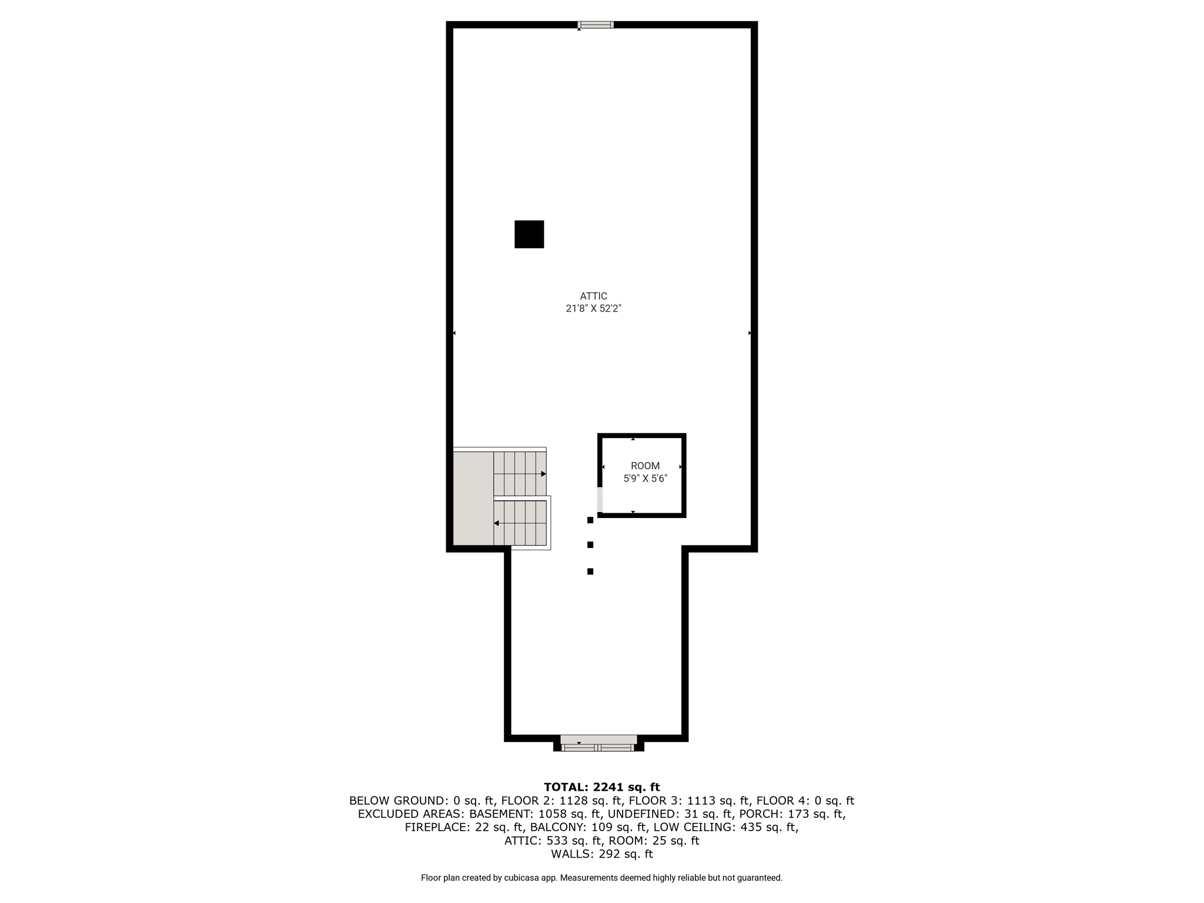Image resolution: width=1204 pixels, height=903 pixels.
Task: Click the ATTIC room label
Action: (x=593, y=296)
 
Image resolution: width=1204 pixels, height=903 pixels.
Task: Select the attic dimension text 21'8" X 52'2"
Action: (x=593, y=309)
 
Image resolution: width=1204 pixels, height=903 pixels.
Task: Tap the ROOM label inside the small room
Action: (x=645, y=466)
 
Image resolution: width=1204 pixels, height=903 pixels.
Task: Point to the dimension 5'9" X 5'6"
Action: (x=645, y=479)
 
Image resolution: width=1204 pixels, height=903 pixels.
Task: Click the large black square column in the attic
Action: (x=529, y=234)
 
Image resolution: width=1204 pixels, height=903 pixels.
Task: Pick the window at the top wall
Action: (x=596, y=25)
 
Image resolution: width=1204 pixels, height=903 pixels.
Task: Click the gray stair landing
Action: (x=473, y=499)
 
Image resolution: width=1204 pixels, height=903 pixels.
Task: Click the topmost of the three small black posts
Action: (x=590, y=520)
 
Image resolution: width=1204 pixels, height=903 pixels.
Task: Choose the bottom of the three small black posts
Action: (x=590, y=571)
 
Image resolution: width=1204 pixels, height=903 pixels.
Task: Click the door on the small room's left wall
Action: (x=600, y=500)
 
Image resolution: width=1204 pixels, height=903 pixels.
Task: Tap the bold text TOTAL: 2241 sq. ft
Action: (x=601, y=787)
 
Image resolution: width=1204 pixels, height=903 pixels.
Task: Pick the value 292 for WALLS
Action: (x=608, y=854)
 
